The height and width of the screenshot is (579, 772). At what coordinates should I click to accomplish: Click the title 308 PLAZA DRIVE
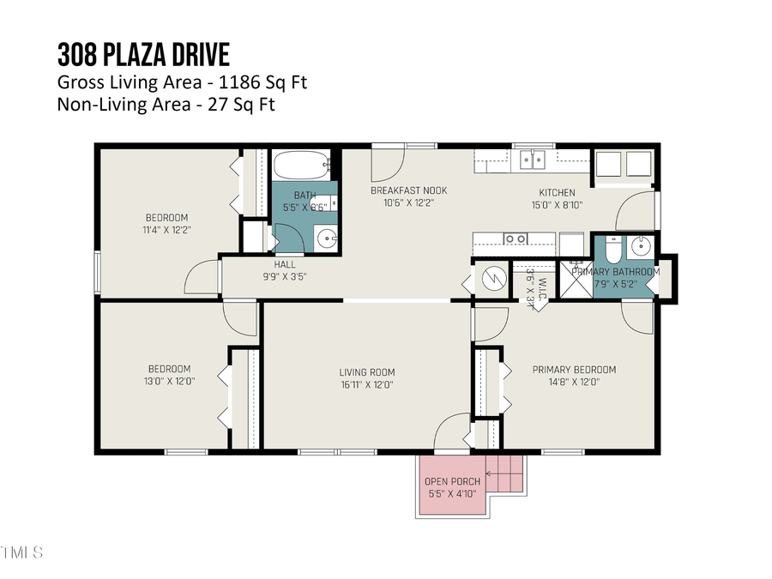coord(143,55)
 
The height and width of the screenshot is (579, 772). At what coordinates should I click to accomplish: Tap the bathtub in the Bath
coord(301,163)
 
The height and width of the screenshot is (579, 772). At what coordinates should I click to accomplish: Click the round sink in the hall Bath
coord(326,238)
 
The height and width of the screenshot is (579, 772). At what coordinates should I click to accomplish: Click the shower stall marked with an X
coord(571,283)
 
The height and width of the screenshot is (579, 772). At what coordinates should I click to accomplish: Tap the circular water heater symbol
coord(492,278)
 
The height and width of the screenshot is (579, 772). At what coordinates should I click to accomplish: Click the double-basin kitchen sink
coord(533,160)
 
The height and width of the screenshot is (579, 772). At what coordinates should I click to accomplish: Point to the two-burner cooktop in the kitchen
coord(516,239)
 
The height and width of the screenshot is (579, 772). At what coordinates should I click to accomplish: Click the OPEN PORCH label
coord(452,481)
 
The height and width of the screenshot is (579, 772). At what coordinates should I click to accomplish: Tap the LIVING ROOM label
coord(367,372)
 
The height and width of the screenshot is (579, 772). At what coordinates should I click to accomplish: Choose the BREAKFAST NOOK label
coord(408,190)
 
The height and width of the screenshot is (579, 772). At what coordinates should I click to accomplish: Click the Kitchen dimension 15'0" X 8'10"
coord(556,205)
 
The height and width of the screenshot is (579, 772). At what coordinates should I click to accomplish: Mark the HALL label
coord(285,264)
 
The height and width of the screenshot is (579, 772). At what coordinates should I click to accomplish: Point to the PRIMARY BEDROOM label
coord(574,370)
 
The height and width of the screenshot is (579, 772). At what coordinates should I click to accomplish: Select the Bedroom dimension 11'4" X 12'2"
coord(166,230)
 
